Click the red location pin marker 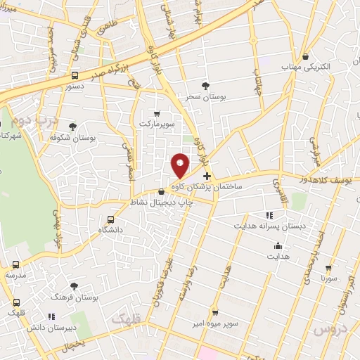tap(181, 165)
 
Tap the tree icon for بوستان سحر tap(205, 86)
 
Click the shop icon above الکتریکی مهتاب tap(306, 57)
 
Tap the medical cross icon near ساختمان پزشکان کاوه tap(206, 176)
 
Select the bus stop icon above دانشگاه tap(110, 219)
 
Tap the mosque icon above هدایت tap(278, 246)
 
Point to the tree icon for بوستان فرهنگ tap(74, 286)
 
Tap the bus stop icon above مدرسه tap(16, 265)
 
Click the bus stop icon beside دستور tap(75, 75)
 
